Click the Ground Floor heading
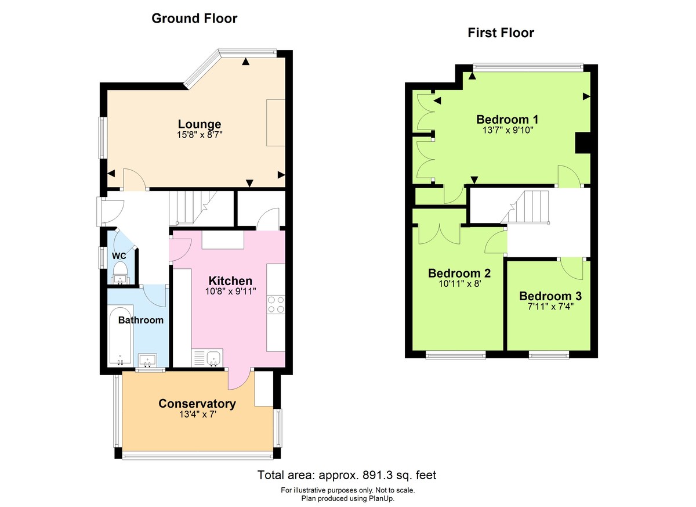194,19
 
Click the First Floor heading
501,33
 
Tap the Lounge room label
199,124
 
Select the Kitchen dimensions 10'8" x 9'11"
231,291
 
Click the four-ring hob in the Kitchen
275,304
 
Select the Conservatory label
197,404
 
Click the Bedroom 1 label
507,120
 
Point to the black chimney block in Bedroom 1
582,143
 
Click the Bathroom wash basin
148,360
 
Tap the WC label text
119,256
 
